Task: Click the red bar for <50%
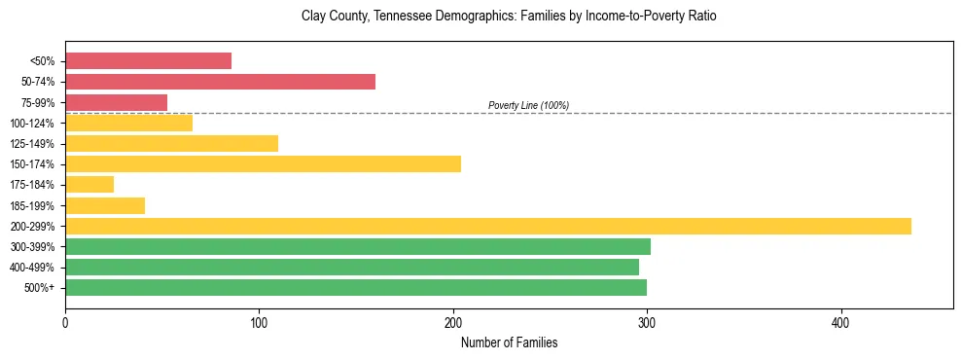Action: click(148, 61)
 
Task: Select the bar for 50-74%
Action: click(220, 82)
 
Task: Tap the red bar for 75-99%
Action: click(116, 102)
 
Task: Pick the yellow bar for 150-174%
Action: click(263, 163)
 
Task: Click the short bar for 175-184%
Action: click(89, 184)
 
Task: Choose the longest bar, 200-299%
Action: click(487, 226)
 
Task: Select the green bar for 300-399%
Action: click(357, 246)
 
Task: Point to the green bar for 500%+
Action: click(355, 287)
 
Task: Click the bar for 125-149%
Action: click(171, 143)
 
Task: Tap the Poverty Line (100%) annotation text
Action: click(528, 105)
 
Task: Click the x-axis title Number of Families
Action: click(509, 342)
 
